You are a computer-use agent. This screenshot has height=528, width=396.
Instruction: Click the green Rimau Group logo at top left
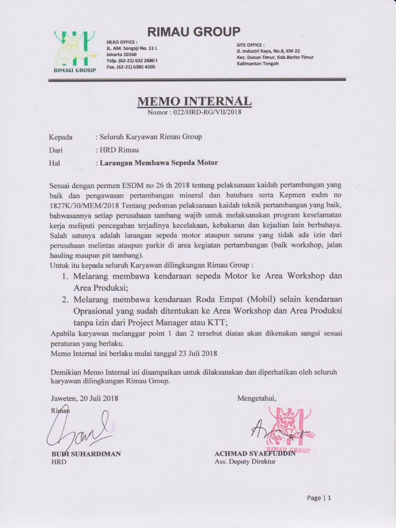[x=75, y=51]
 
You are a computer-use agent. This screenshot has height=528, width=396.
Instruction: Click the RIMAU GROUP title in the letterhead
[x=193, y=32]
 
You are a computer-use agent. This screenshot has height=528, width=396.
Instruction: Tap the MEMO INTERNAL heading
[x=194, y=101]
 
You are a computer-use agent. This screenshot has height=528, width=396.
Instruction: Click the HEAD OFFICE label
[x=122, y=42]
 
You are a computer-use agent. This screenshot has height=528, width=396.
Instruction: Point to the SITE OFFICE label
[x=250, y=45]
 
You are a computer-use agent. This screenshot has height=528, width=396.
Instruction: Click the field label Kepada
[x=61, y=137]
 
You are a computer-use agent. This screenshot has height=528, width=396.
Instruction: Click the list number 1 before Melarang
[x=65, y=276]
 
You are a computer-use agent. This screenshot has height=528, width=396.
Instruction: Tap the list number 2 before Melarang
[x=65, y=299]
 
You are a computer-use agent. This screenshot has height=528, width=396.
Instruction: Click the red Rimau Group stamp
[x=290, y=430]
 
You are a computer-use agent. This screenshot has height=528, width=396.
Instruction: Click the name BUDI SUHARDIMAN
[x=86, y=454]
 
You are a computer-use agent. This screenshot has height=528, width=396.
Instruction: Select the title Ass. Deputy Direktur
[x=245, y=462]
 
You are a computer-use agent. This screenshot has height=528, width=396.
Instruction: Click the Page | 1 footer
[x=319, y=498]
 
